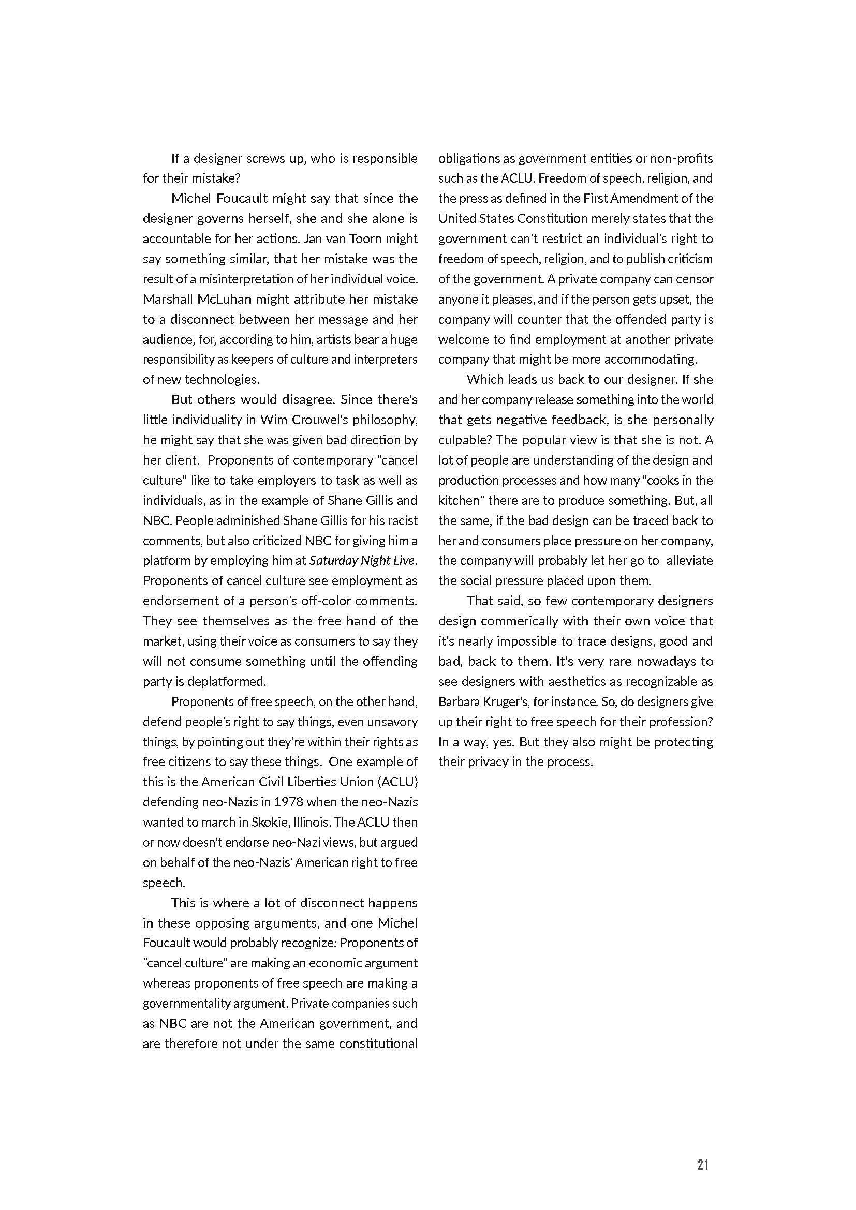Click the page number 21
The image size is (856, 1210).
coord(703,1150)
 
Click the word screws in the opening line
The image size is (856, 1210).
coord(273,159)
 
